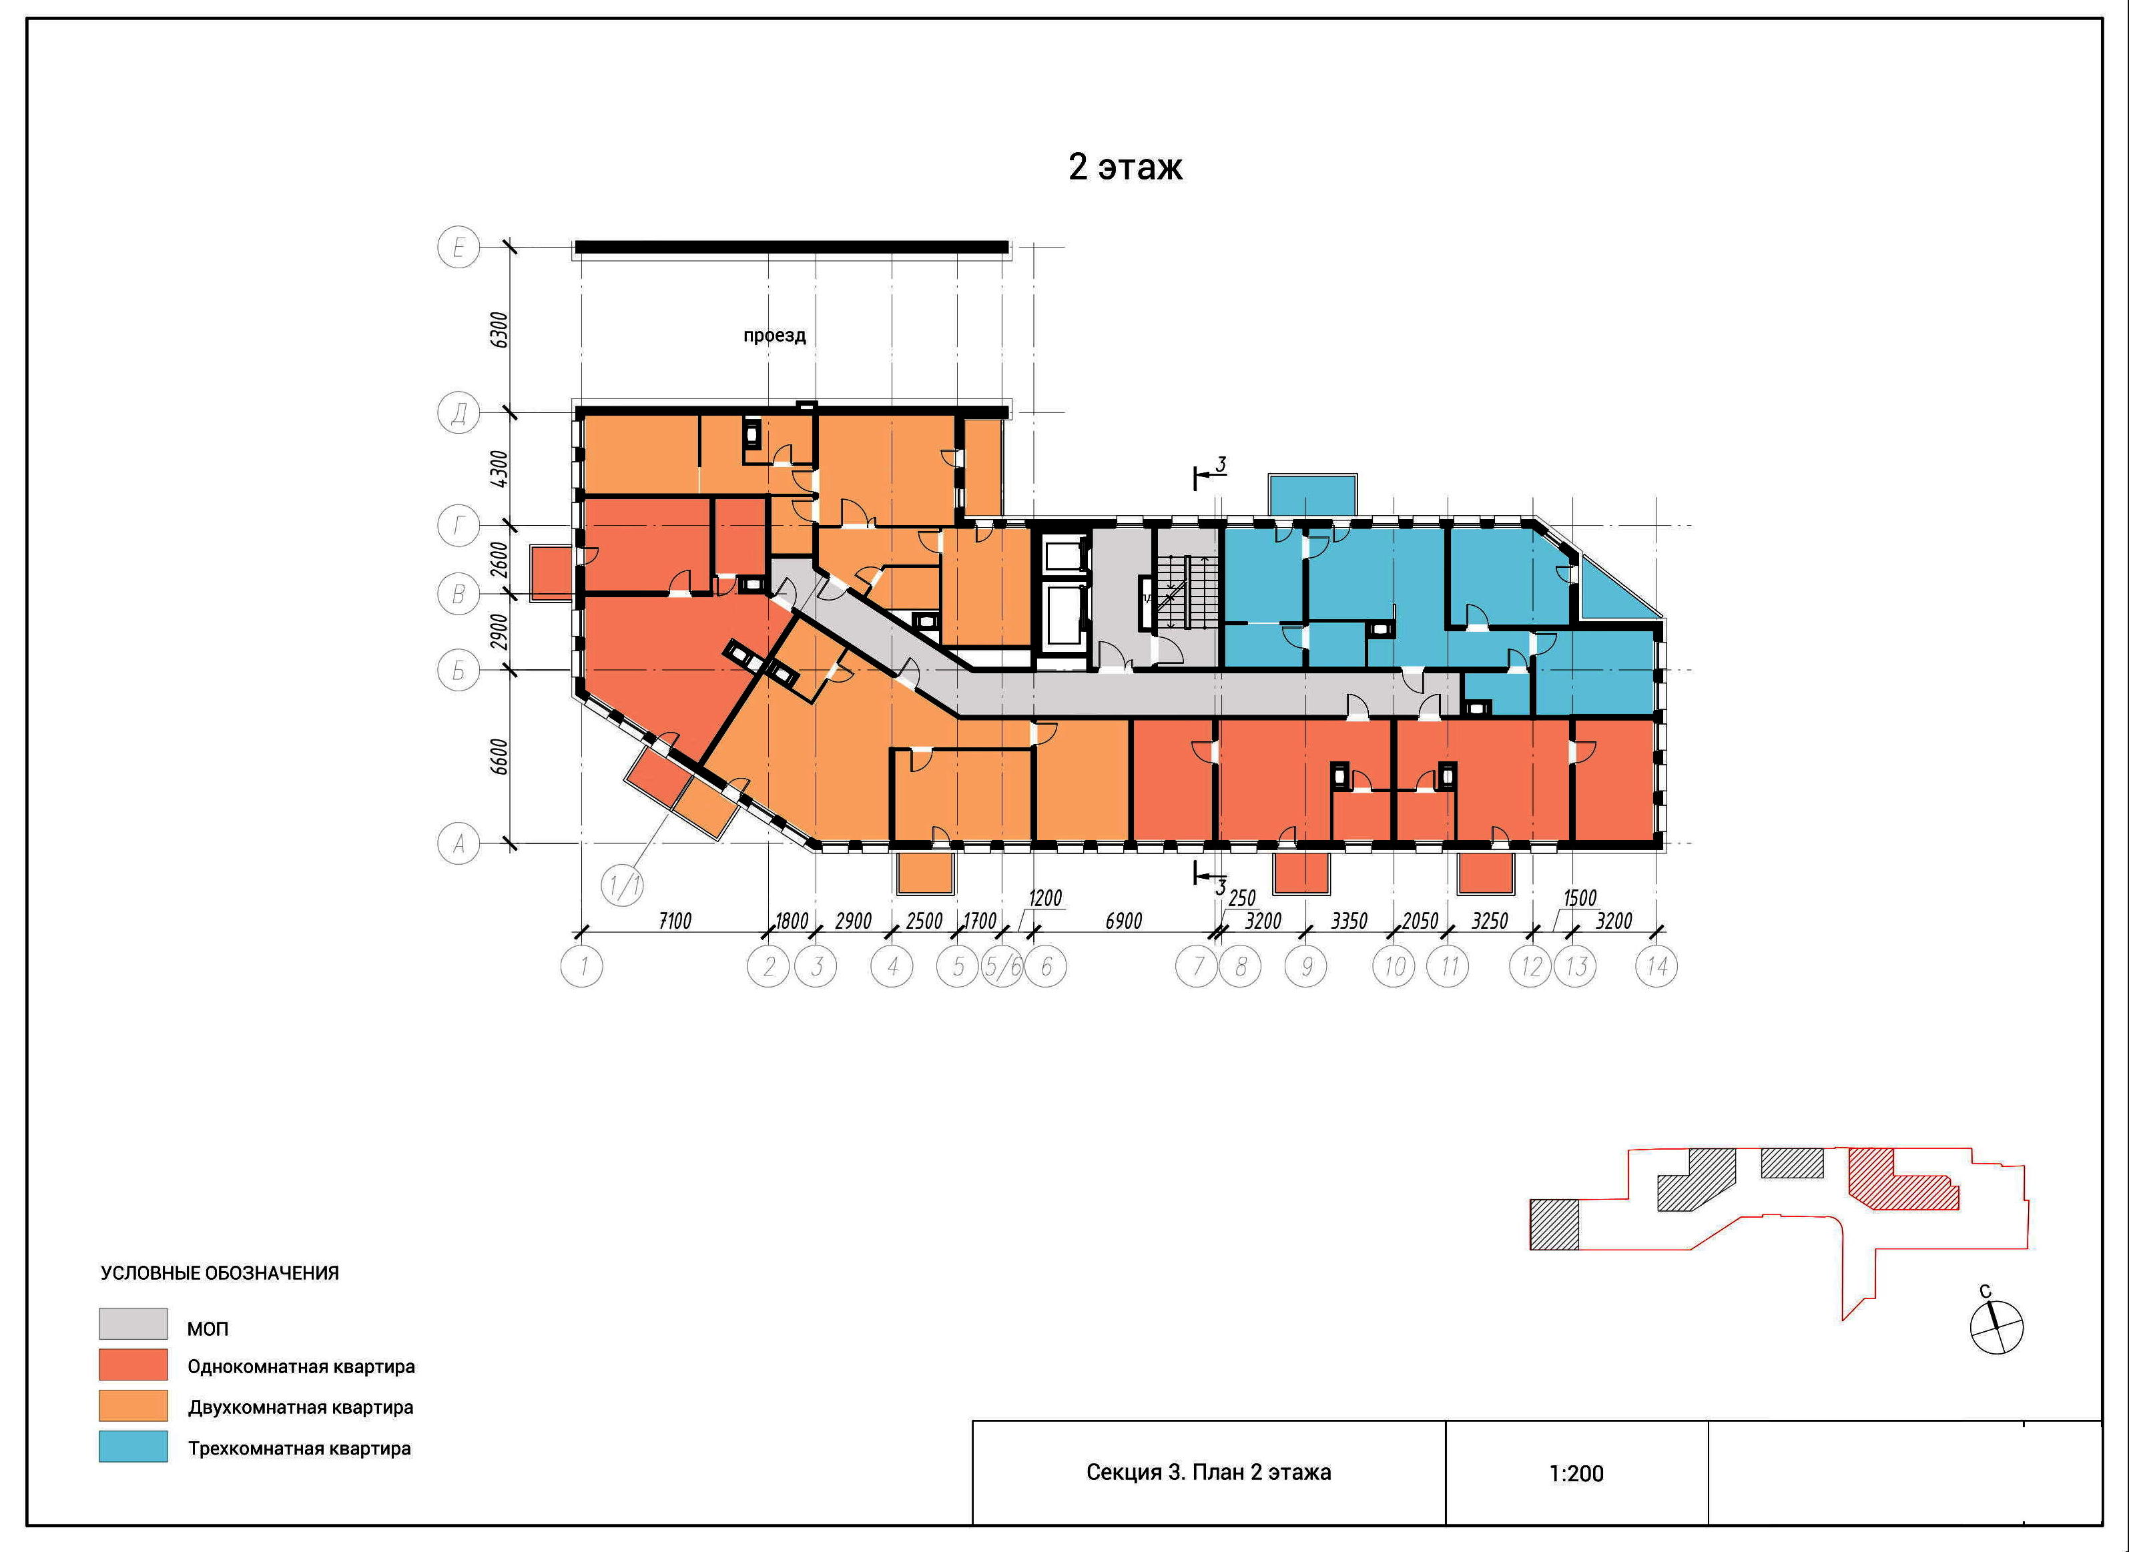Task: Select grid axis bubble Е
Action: [459, 248]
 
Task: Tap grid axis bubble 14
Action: [1656, 965]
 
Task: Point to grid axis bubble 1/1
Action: [623, 885]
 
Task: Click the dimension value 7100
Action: [675, 921]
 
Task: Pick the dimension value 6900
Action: [1124, 921]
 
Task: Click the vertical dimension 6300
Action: [500, 330]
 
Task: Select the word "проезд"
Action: [775, 336]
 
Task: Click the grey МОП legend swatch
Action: [133, 1324]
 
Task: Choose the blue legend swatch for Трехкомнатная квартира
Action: [133, 1446]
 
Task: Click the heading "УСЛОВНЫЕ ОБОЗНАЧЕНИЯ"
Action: [220, 1273]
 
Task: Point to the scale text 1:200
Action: [1576, 1473]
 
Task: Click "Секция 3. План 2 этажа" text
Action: [1208, 1472]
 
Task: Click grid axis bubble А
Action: [459, 843]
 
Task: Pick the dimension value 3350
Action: [1349, 921]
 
